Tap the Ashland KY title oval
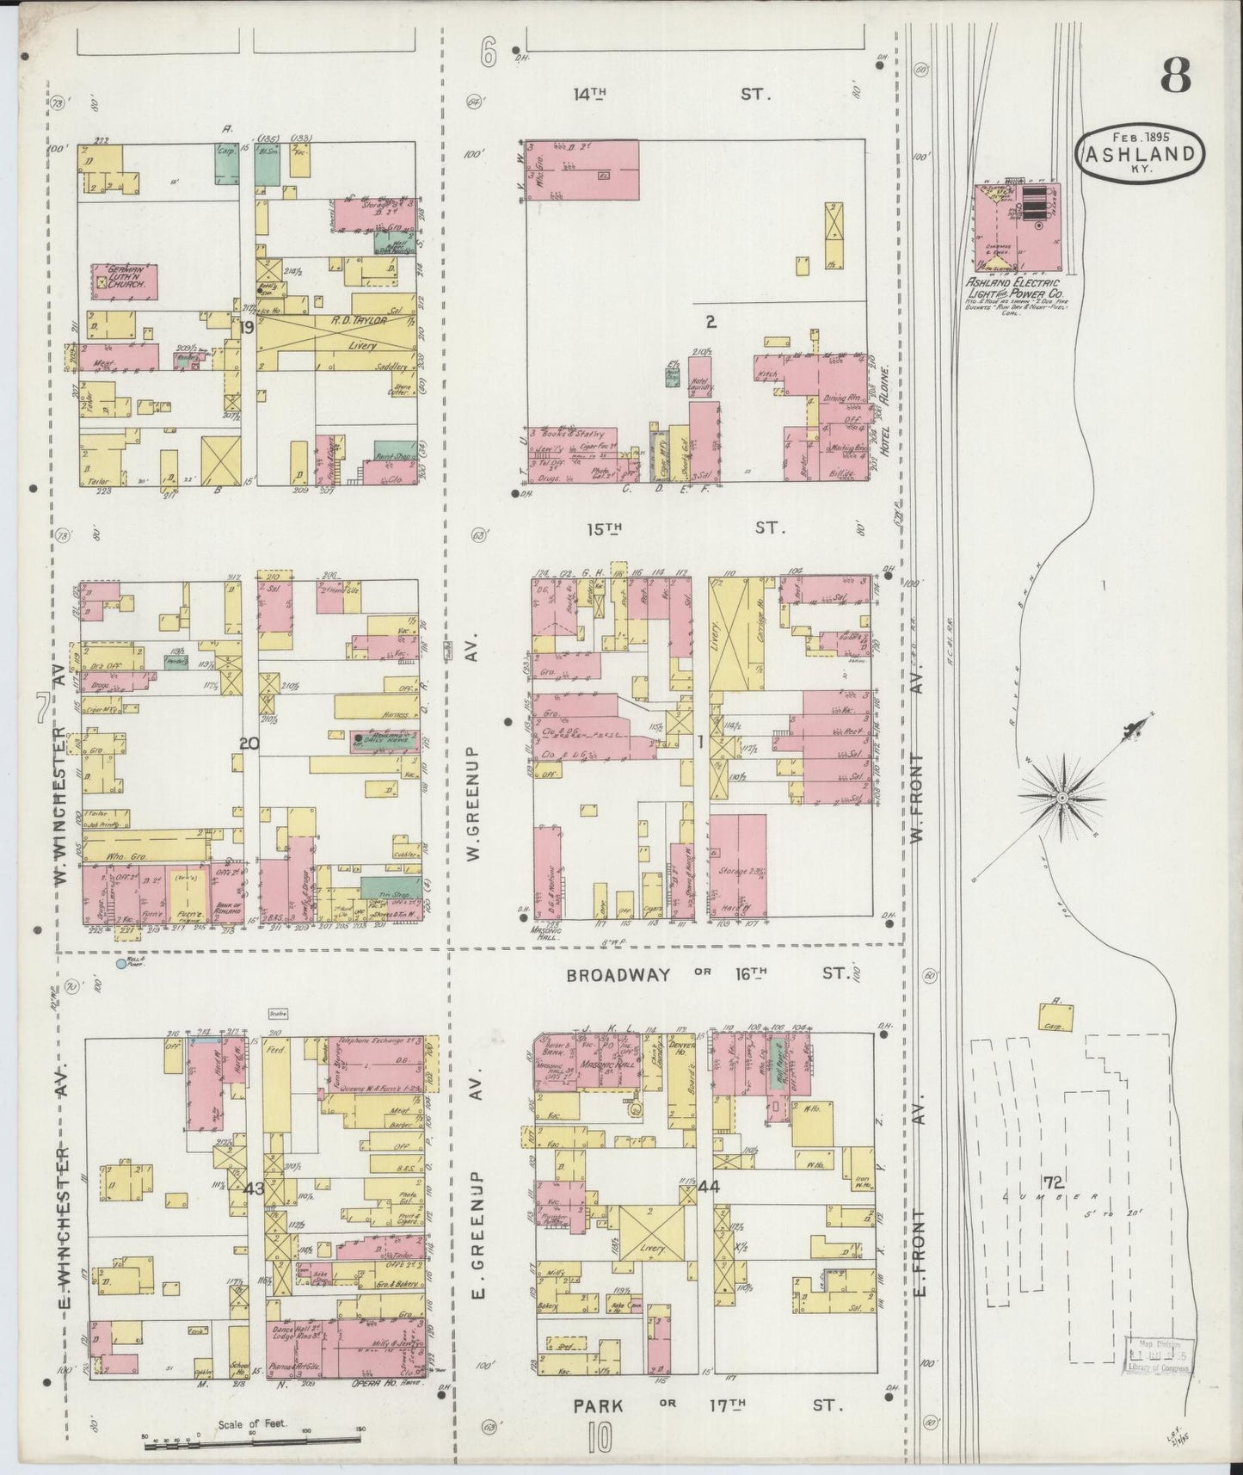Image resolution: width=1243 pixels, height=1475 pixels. (x=1141, y=153)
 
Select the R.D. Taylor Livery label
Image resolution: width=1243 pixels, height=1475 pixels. (x=344, y=332)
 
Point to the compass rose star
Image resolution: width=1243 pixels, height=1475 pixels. (x=1063, y=798)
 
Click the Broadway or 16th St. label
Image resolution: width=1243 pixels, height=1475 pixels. (x=707, y=974)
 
